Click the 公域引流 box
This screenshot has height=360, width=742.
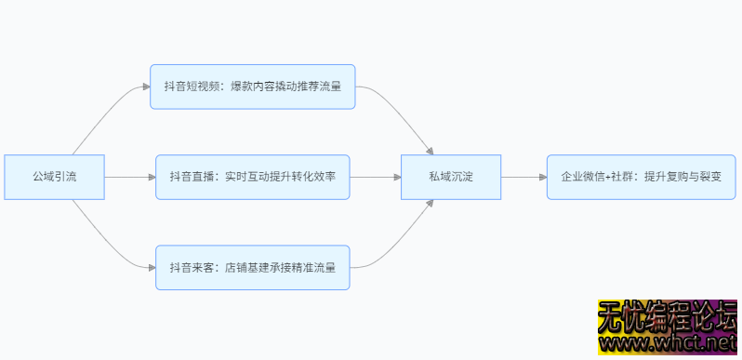(54, 177)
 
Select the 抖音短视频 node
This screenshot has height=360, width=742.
(253, 87)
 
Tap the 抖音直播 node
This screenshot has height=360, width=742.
(253, 177)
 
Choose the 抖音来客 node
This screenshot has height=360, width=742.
(253, 267)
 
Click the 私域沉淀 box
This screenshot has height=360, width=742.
(451, 177)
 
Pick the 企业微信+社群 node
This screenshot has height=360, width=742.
(641, 177)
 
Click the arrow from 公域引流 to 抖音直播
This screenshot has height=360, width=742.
(130, 177)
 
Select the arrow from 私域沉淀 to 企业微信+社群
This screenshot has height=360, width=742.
(523, 177)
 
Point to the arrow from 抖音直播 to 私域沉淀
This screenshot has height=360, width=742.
(375, 177)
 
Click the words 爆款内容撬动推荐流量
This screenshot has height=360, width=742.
(288, 87)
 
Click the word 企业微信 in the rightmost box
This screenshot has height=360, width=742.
(581, 177)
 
